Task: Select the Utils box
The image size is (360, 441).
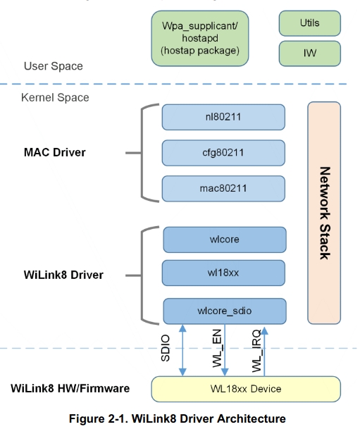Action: pyautogui.click(x=309, y=23)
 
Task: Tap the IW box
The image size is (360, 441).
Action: pyautogui.click(x=309, y=52)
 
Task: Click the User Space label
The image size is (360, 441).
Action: pyautogui.click(x=53, y=66)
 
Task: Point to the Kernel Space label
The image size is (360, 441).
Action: pyautogui.click(x=56, y=97)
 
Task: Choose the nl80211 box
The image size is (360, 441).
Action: pyautogui.click(x=223, y=117)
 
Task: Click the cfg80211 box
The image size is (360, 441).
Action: pyautogui.click(x=223, y=152)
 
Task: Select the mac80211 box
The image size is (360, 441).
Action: pyautogui.click(x=223, y=188)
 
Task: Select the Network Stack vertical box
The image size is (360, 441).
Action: pyautogui.click(x=324, y=213)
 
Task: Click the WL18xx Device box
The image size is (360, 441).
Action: pyautogui.click(x=246, y=389)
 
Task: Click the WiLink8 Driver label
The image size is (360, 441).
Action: pyautogui.click(x=63, y=275)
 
